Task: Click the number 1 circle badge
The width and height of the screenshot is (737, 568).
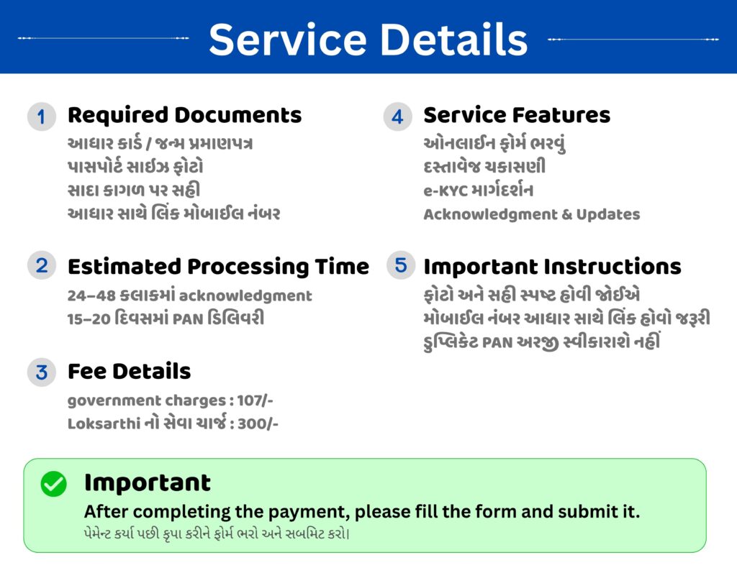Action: click(41, 116)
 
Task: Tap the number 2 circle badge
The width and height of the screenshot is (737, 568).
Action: click(41, 266)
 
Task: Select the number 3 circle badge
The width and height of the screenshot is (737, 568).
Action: click(41, 372)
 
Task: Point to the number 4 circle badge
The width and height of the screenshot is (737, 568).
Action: click(397, 116)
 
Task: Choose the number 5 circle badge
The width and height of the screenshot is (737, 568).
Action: click(401, 265)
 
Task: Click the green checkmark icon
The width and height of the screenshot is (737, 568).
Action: click(53, 483)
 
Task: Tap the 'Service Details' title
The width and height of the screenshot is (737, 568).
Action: click(368, 40)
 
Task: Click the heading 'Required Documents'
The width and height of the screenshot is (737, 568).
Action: click(184, 116)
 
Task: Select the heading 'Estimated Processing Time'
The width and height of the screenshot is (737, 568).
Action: click(218, 267)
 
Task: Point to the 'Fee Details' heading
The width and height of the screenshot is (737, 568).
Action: click(130, 371)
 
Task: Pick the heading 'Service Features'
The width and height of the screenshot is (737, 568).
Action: click(517, 116)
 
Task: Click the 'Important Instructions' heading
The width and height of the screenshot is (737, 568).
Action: click(552, 267)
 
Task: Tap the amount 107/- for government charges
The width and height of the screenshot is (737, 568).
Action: click(255, 400)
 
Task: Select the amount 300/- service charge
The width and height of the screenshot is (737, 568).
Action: click(258, 424)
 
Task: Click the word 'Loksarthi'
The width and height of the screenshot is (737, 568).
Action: click(104, 424)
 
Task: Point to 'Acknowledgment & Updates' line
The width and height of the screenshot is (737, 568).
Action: click(532, 214)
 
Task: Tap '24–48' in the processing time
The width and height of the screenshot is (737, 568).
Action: click(91, 296)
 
